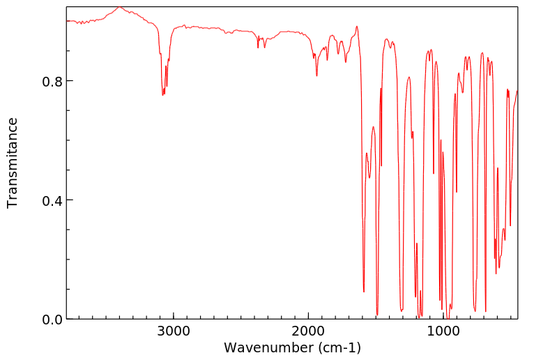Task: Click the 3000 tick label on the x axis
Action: point(173,332)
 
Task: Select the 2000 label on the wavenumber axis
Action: point(308,332)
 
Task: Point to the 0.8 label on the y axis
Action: point(52,81)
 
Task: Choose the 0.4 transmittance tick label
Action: point(52,200)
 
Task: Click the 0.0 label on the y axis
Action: point(52,320)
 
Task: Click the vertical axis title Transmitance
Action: point(13,163)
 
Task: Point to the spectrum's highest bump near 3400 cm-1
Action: point(119,8)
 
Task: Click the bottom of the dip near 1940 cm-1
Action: point(316,75)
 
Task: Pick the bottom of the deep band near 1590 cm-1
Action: point(364,292)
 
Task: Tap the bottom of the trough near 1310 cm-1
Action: point(402,310)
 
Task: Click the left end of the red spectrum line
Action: point(67,21)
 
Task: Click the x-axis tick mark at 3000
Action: point(173,316)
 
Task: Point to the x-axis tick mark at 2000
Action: point(308,316)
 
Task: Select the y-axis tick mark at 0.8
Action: point(70,81)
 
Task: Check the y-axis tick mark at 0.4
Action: point(70,200)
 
